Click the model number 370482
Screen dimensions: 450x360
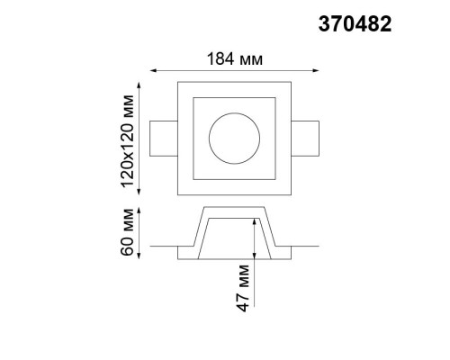(x=355, y=24)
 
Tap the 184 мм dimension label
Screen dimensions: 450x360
(x=235, y=58)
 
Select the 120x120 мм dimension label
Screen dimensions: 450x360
(x=127, y=141)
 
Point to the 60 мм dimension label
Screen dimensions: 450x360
(x=127, y=231)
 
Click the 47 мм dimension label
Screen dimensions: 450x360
(x=243, y=288)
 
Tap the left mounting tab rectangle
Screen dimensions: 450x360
(x=164, y=121)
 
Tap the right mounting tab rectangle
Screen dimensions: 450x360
(x=305, y=121)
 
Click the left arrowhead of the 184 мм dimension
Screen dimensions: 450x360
(x=153, y=70)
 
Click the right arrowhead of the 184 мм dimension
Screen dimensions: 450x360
(x=316, y=70)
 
